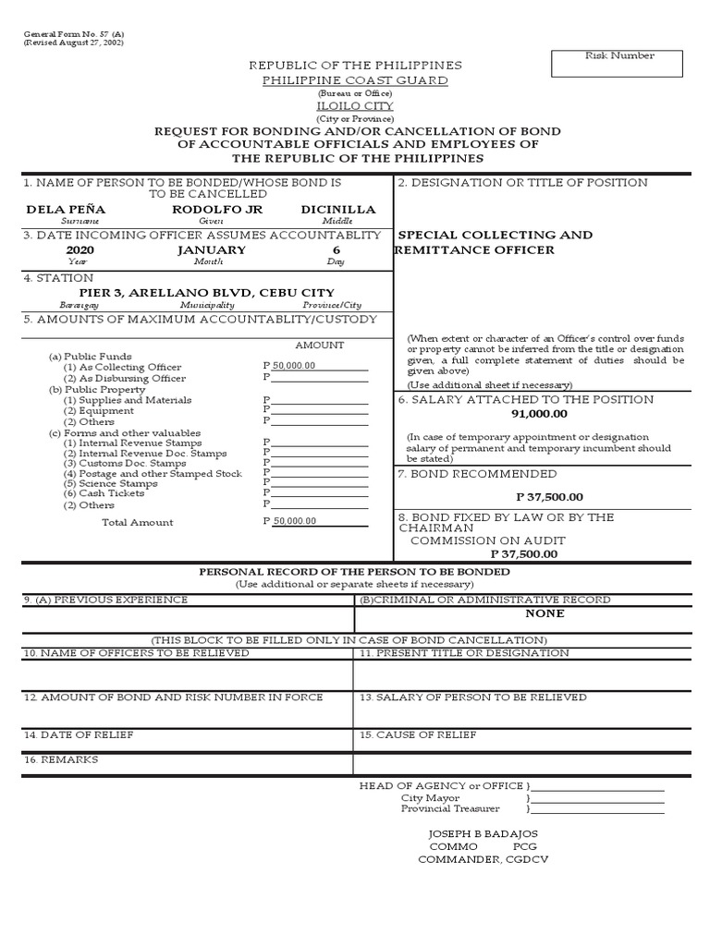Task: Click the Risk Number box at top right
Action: pyautogui.click(x=617, y=63)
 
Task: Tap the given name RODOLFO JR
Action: pyautogui.click(x=205, y=210)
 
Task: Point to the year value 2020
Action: pyautogui.click(x=80, y=250)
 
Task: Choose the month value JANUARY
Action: pyautogui.click(x=211, y=250)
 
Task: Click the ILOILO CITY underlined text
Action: pyautogui.click(x=355, y=106)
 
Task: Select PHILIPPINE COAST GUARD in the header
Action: pyautogui.click(x=355, y=80)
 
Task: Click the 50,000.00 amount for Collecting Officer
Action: pyautogui.click(x=294, y=366)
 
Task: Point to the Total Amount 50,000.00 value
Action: pyautogui.click(x=294, y=521)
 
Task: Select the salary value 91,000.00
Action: pyautogui.click(x=539, y=414)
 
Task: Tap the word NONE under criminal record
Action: pyautogui.click(x=545, y=613)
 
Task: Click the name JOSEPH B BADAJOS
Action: pyautogui.click(x=483, y=833)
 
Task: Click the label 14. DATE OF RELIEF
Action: pyautogui.click(x=79, y=734)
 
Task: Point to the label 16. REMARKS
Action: pyautogui.click(x=61, y=759)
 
